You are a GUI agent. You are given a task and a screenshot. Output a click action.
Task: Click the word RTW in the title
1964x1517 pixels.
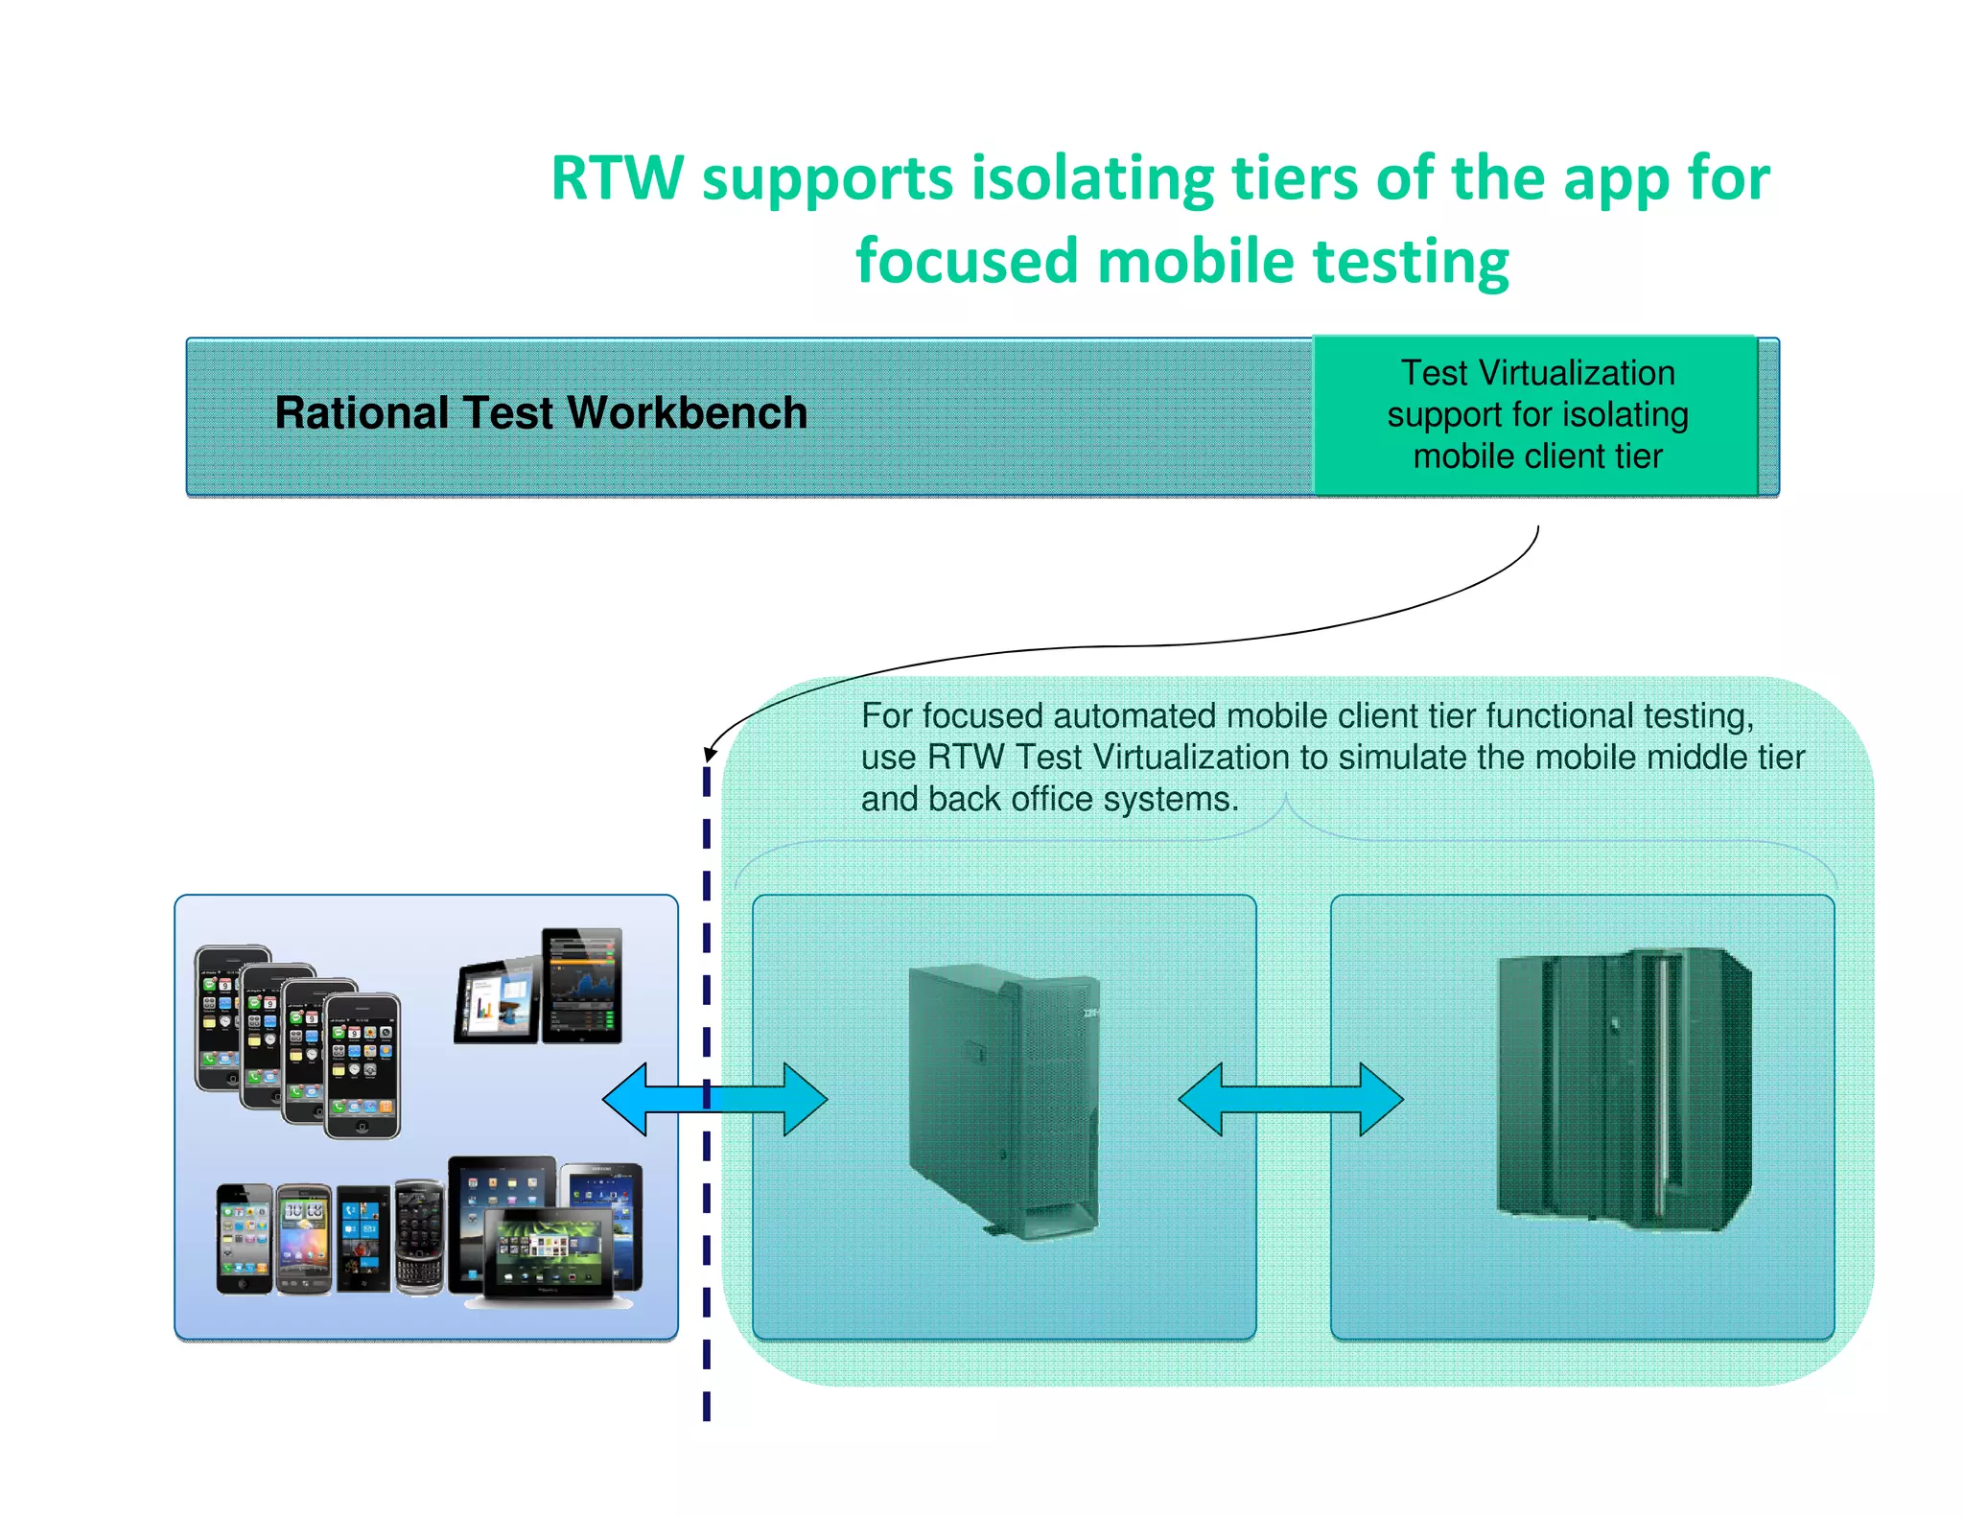pyautogui.click(x=618, y=179)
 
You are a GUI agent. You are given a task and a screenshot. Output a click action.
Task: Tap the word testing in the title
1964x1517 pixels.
pyautogui.click(x=1411, y=262)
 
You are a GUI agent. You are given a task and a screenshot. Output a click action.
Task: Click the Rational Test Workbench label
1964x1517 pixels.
pyautogui.click(x=541, y=413)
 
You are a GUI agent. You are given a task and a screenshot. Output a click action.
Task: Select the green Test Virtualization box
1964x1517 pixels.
pyautogui.click(x=1535, y=415)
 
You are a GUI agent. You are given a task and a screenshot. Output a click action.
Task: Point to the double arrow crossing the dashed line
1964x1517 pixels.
pyautogui.click(x=714, y=1099)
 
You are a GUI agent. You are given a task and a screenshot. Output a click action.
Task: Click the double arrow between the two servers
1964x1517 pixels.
pyautogui.click(x=1290, y=1099)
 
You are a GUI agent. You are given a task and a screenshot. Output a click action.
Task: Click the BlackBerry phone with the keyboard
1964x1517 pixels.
pyautogui.click(x=419, y=1238)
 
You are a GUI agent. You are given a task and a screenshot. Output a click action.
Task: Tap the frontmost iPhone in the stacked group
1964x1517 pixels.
pyautogui.click(x=362, y=1065)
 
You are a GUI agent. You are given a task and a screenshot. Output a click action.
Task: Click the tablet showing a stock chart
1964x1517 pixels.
pyautogui.click(x=582, y=985)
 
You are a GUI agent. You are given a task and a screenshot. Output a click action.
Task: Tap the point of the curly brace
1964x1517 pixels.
pyautogui.click(x=1285, y=798)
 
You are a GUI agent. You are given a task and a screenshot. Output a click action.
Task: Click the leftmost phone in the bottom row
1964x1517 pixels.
pyautogui.click(x=244, y=1238)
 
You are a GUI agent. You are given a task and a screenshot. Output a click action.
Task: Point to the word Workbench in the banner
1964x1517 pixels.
pyautogui.click(x=687, y=413)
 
